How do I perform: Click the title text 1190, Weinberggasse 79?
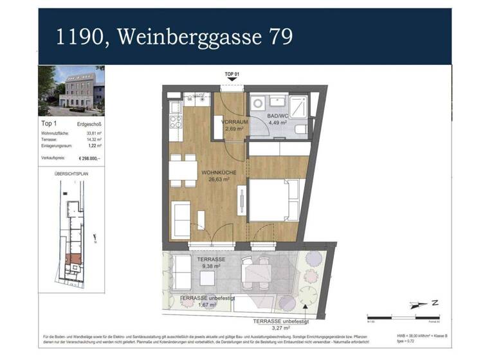(174, 37)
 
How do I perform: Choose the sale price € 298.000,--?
(89, 157)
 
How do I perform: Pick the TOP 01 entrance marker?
(232, 76)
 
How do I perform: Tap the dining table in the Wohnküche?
(183, 170)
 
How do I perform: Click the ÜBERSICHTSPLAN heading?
(71, 173)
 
